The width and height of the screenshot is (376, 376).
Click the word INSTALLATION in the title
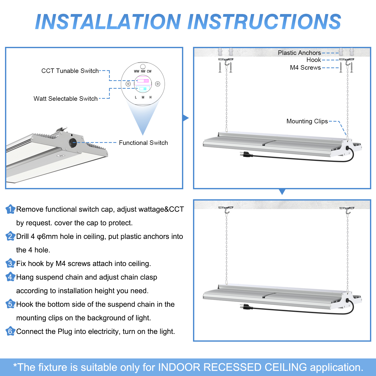108,22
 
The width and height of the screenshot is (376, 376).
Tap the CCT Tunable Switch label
70,71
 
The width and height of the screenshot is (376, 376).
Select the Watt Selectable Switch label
65,99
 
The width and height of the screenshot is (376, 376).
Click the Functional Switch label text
143,143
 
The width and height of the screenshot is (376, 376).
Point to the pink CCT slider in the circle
143,81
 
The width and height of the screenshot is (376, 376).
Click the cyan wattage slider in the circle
143,89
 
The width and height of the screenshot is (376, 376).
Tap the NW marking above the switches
143,71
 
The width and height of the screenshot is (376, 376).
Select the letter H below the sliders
150,97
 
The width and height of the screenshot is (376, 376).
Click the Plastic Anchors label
299,53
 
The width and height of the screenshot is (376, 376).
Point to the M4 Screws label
305,68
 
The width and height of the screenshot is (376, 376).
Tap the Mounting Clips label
307,121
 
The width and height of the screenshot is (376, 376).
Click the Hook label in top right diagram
314,60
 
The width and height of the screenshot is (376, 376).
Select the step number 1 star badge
10,209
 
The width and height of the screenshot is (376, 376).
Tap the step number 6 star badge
10,331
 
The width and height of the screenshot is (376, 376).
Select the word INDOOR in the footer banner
179,367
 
